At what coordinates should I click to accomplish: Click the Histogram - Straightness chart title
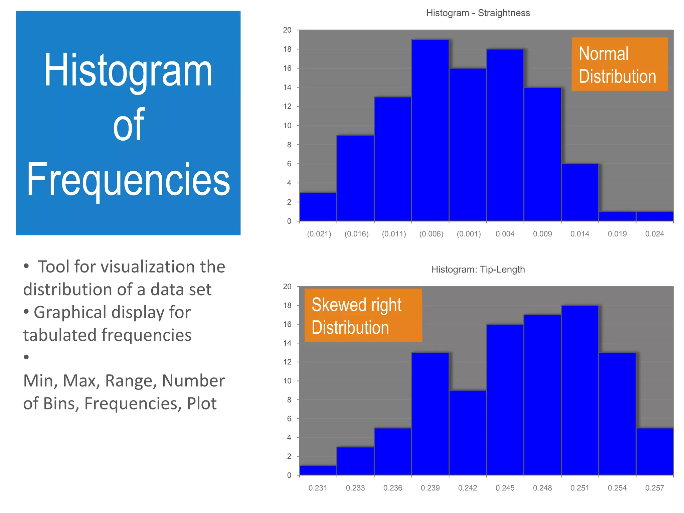pos(478,13)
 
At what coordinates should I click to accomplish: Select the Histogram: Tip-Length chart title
pos(478,270)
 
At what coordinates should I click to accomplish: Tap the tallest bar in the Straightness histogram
pos(430,130)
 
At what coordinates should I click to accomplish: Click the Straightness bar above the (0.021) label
pos(318,207)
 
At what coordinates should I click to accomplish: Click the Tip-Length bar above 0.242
pos(468,433)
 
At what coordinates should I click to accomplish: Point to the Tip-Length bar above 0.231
pos(318,470)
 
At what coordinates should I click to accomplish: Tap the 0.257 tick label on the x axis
pos(655,488)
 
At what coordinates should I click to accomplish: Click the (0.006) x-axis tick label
pos(431,234)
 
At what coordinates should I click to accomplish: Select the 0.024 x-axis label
pos(655,234)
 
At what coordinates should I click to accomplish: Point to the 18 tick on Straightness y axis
pos(287,49)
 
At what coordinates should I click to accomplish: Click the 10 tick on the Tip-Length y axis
pos(287,381)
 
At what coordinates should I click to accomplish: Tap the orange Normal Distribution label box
pos(620,64)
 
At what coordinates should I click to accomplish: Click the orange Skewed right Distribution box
pos(363,315)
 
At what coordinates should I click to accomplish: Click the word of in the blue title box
pos(128,125)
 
